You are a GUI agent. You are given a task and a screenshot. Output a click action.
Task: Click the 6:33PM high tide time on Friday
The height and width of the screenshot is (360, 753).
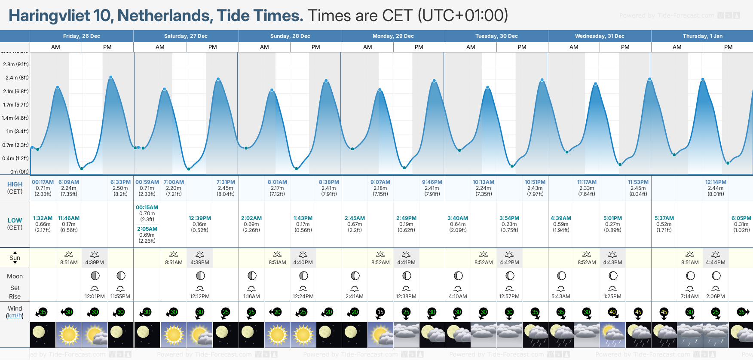[x=120, y=182]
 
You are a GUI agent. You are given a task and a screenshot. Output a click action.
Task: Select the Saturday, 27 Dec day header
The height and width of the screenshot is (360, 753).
[x=186, y=36]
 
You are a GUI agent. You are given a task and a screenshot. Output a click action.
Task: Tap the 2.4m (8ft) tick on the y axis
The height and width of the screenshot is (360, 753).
[x=17, y=78]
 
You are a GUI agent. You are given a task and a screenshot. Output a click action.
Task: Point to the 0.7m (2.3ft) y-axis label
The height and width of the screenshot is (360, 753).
[x=15, y=145]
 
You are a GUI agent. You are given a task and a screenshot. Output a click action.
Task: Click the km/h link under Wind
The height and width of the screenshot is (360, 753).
[x=15, y=316]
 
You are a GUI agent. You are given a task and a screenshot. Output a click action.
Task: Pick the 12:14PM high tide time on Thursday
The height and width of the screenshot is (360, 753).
[x=716, y=182]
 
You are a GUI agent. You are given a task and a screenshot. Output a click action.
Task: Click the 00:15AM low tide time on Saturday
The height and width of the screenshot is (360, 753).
[x=147, y=207]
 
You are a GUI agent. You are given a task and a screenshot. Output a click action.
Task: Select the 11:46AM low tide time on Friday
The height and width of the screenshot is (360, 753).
[x=69, y=218]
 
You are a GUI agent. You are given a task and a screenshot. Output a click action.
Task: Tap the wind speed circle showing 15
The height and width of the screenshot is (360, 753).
[x=380, y=312]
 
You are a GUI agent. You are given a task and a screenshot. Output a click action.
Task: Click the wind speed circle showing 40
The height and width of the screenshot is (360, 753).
[x=612, y=312]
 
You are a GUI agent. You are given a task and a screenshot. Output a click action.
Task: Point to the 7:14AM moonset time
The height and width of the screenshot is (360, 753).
[x=690, y=296]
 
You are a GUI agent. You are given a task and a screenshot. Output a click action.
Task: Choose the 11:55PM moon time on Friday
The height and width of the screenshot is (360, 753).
[x=120, y=296]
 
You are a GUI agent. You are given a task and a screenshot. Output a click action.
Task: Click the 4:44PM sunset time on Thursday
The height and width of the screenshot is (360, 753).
[x=716, y=262]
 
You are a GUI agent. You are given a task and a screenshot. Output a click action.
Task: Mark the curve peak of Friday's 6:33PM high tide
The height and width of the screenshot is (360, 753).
[x=111, y=77]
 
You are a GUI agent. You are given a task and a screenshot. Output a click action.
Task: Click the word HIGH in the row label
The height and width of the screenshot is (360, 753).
[x=15, y=184]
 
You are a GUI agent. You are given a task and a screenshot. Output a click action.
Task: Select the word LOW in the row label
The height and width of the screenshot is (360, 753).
[x=15, y=220]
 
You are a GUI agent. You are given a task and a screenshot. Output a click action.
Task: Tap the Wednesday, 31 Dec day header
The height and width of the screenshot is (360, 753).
[x=600, y=36]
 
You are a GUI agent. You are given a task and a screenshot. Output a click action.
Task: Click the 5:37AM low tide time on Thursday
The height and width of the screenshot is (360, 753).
[x=664, y=218]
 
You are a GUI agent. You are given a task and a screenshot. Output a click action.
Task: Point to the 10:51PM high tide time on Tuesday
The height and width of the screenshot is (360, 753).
[x=535, y=182]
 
